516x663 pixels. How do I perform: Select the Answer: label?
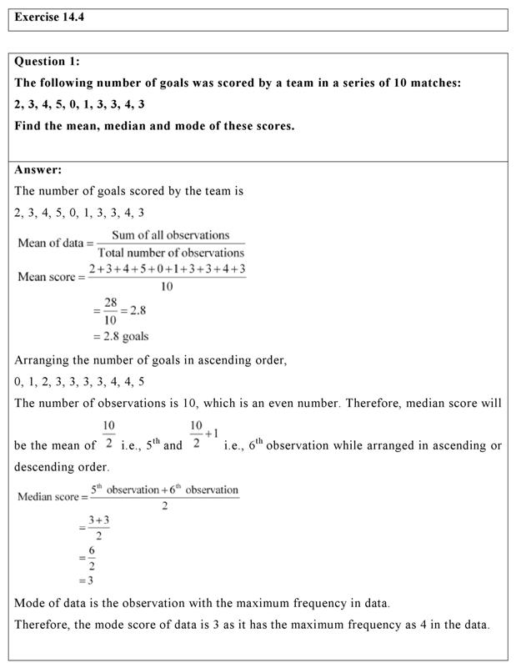click(x=38, y=169)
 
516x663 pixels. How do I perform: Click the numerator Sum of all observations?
click(x=170, y=235)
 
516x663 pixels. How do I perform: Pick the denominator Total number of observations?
click(x=171, y=252)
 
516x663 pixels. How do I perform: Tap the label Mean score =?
click(x=48, y=277)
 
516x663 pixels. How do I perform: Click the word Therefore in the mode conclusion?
click(x=46, y=625)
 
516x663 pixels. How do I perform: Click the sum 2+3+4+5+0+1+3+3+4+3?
click(x=167, y=269)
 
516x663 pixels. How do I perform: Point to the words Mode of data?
click(x=51, y=603)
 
